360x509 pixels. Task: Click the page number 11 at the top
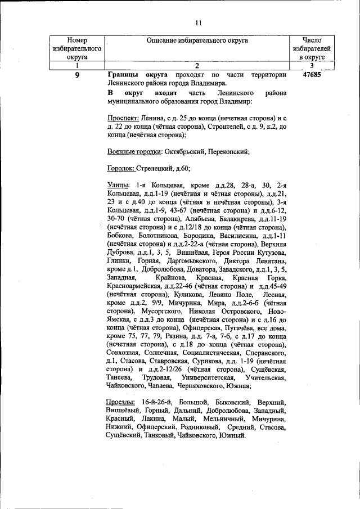198,23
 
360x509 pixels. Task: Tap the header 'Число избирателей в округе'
311,49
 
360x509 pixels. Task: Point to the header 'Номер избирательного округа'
76,49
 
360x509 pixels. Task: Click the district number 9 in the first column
76,75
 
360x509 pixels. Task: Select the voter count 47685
311,75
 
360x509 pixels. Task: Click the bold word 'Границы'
122,75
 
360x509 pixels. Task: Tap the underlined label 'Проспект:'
123,118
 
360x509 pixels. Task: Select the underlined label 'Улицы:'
118,185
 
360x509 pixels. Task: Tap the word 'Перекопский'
229,151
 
